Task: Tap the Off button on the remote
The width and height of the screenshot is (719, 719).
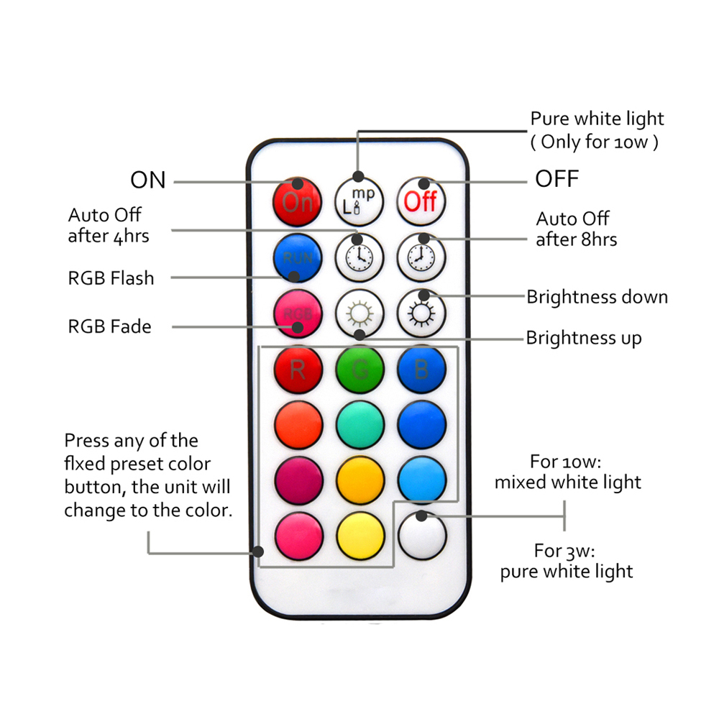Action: click(421, 202)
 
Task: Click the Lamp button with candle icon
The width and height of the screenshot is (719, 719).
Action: click(359, 202)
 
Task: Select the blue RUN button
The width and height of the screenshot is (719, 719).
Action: click(298, 257)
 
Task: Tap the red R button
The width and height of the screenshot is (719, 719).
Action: click(298, 370)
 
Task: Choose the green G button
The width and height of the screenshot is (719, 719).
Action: click(360, 370)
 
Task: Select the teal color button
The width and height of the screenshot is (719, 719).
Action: click(360, 425)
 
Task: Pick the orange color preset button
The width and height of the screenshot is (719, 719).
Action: click(298, 425)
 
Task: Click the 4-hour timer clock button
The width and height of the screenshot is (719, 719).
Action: click(359, 257)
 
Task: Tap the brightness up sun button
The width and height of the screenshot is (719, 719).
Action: click(359, 313)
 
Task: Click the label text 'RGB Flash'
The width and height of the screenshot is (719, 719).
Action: click(111, 278)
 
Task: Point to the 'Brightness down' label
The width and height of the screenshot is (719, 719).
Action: click(597, 297)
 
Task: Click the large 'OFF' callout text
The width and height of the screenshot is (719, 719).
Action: click(557, 179)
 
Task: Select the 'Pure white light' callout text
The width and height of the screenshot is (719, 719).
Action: click(597, 119)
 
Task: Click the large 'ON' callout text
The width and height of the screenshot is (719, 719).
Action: click(147, 180)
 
